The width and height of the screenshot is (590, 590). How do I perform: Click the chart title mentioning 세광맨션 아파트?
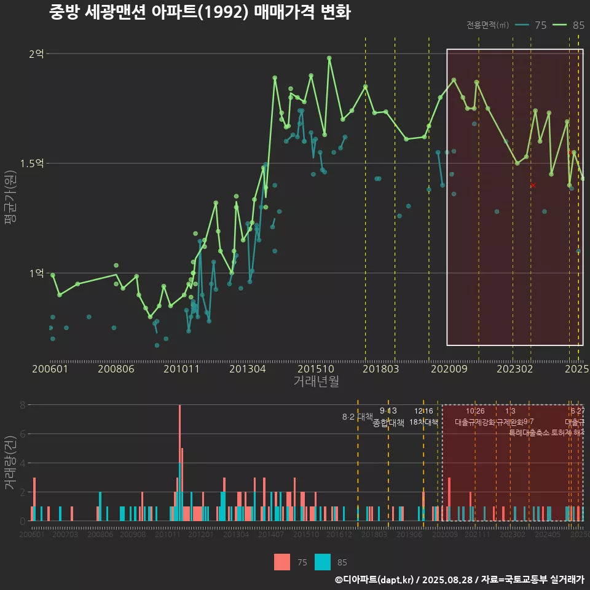tap(200, 12)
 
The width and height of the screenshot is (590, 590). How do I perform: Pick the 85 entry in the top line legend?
tap(568, 25)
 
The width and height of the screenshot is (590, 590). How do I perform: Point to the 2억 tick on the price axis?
tap(36, 54)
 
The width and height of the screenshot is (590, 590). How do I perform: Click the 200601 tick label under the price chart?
tap(50, 369)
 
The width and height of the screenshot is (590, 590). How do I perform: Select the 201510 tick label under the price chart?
tap(315, 369)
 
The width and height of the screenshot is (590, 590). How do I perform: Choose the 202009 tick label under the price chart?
tap(448, 369)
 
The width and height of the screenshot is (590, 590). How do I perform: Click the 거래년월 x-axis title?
tap(316, 382)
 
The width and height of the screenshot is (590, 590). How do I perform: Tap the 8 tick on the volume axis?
tap(22, 405)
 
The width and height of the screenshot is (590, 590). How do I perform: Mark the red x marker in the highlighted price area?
tap(533, 185)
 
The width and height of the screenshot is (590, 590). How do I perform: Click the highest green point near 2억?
tap(329, 58)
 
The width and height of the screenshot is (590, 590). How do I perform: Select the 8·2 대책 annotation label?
tap(358, 417)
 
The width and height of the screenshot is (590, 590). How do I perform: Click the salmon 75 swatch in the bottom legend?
tap(281, 562)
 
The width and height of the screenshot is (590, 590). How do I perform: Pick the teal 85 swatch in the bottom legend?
tap(322, 562)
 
